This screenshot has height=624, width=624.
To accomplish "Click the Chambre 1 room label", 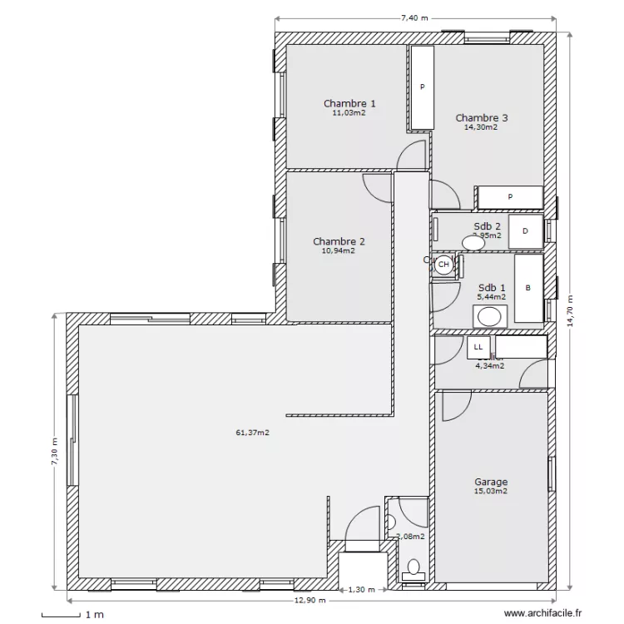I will pos(349,104).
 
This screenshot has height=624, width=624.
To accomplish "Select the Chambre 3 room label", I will pos(481,118).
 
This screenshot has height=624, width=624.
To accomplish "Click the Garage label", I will pos(491,482).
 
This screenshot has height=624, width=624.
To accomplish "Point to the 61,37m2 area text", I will pos(252,433).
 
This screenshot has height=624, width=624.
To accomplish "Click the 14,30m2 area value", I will pos(481,128).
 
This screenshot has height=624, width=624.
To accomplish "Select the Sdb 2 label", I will pos(487,226).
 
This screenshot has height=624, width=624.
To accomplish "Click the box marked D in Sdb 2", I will pos(525,232).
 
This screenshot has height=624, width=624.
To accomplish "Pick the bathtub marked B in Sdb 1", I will pos(527,288).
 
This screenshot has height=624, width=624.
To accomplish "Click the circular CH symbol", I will pos(443,265).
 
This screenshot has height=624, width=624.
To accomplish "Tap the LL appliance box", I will pos(478,347).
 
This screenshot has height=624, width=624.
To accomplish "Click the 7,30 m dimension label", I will pos(55,453).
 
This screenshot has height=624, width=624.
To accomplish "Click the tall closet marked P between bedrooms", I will pos(423,87).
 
